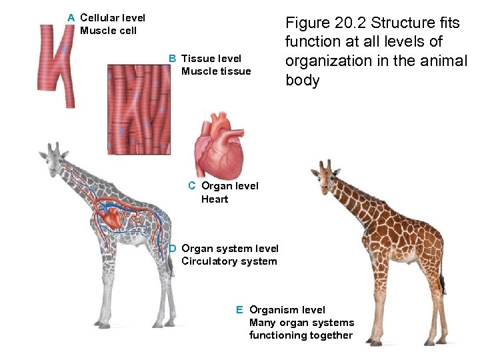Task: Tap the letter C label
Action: pyautogui.click(x=191, y=186)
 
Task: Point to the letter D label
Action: pyautogui.click(x=172, y=249)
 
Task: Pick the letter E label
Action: pyautogui.click(x=239, y=310)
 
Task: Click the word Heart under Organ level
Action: pyautogui.click(x=215, y=199)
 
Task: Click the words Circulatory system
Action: pyautogui.click(x=229, y=261)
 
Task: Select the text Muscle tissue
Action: pyautogui.click(x=216, y=71)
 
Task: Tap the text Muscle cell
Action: pyautogui.click(x=108, y=31)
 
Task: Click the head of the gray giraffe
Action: pyautogui.click(x=53, y=159)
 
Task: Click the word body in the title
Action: pyautogui.click(x=303, y=81)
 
